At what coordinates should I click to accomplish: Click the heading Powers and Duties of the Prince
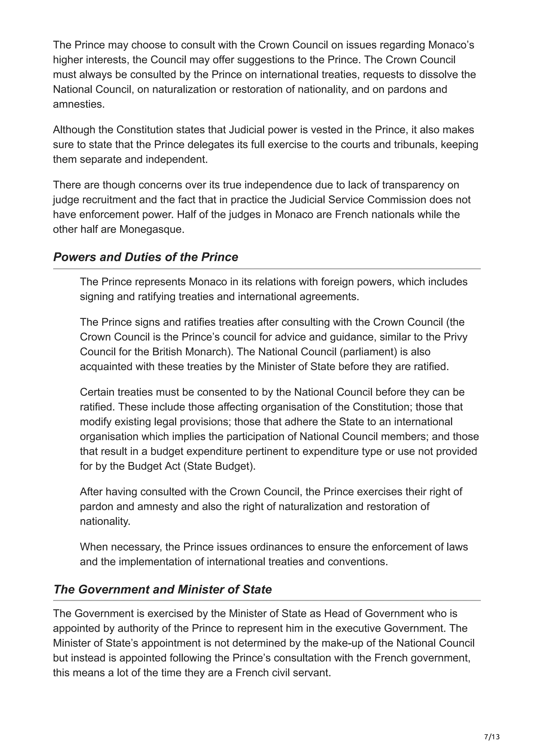[x=145, y=257]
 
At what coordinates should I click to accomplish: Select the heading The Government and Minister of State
[x=162, y=589]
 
